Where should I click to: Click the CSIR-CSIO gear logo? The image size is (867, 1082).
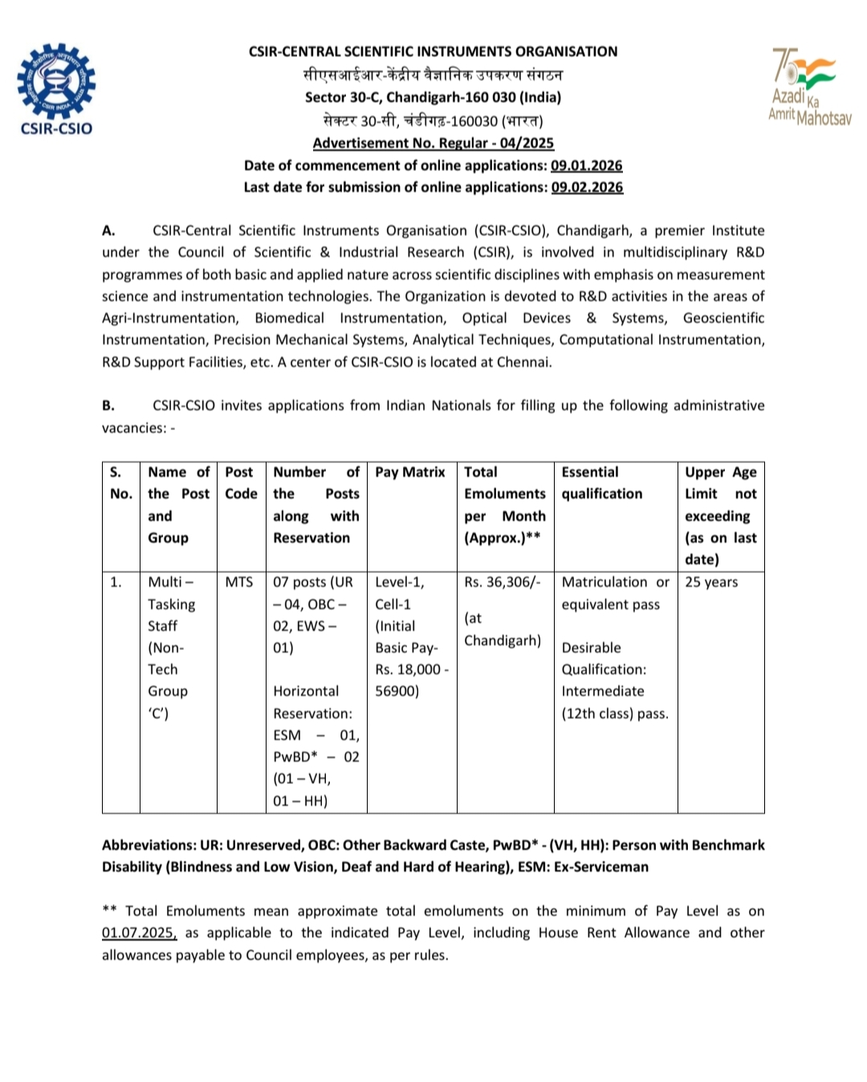coord(56,83)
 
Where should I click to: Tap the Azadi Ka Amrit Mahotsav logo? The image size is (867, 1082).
coord(809,87)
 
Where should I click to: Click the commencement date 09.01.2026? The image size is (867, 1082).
coord(586,165)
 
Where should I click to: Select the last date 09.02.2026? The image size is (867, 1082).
coord(587,187)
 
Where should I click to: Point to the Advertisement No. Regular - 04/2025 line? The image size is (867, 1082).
coord(433,143)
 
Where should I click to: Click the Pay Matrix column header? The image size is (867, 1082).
coord(409,472)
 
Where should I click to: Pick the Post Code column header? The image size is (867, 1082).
coord(240,482)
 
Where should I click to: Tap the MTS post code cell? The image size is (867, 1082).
coord(239,582)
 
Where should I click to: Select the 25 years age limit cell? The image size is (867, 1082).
coord(710,582)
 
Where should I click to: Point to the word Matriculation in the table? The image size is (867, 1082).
coord(604,582)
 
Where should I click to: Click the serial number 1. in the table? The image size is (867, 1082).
coord(116,582)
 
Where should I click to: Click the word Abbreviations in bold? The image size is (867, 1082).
coord(148,845)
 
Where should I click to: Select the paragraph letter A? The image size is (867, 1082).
coord(108,230)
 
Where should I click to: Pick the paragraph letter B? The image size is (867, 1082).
coord(108,405)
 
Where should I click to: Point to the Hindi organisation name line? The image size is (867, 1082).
coord(433,75)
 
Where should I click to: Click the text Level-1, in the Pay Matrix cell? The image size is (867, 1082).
coord(399,582)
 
